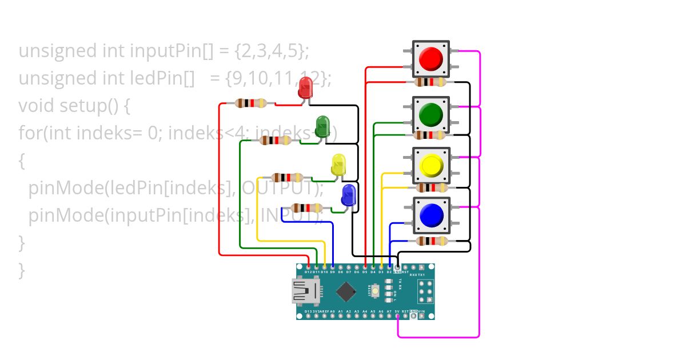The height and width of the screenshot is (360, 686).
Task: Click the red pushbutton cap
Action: point(431,58)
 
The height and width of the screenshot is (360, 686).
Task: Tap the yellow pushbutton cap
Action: point(431,165)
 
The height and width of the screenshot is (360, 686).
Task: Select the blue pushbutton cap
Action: point(431,215)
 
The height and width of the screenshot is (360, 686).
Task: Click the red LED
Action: point(306,89)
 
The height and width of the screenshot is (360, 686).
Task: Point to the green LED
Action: point(322,126)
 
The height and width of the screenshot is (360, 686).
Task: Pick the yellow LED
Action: point(338,165)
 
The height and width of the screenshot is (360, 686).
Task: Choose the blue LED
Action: point(348,195)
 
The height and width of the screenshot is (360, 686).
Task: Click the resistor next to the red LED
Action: point(250,103)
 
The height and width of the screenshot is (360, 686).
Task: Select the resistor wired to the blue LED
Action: point(306,208)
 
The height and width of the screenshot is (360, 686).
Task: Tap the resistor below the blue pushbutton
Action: point(432,241)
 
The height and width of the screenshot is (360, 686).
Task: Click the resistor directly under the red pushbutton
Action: point(430,82)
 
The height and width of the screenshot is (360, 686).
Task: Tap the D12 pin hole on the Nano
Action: point(309,266)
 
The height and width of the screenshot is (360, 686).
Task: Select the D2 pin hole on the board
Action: point(389,266)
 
